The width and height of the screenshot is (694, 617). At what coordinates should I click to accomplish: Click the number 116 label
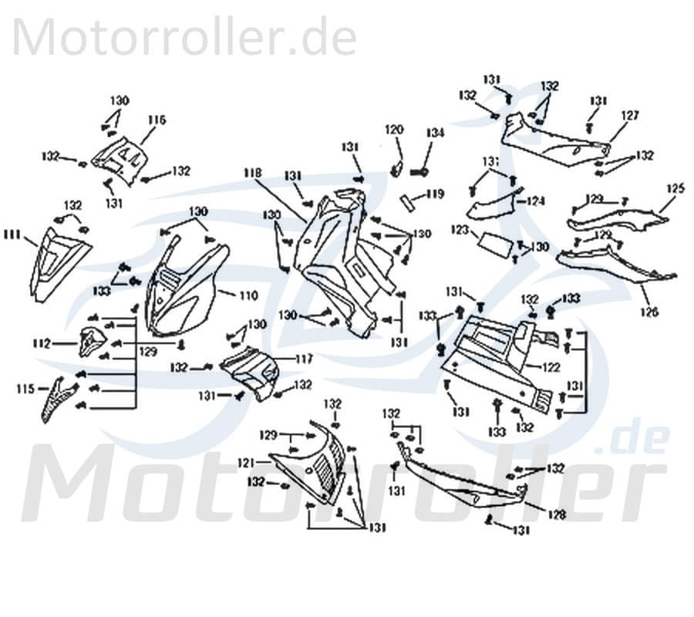pyautogui.click(x=157, y=120)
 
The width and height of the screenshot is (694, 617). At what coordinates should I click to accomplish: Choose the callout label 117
pyautogui.click(x=303, y=359)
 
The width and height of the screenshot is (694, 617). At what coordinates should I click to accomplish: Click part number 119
pyautogui.click(x=435, y=195)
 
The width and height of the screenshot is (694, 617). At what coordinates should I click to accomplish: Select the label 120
pyautogui.click(x=394, y=130)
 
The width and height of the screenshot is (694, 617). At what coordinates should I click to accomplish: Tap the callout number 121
pyautogui.click(x=245, y=463)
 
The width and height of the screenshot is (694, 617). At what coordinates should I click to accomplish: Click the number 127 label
pyautogui.click(x=630, y=116)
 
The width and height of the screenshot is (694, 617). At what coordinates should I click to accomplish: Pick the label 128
pyautogui.click(x=557, y=514)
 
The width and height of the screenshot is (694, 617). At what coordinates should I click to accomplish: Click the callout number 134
pyautogui.click(x=436, y=133)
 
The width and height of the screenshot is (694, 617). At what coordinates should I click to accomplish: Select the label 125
pyautogui.click(x=675, y=188)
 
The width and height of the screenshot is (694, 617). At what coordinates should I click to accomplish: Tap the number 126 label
pyautogui.click(x=649, y=312)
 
